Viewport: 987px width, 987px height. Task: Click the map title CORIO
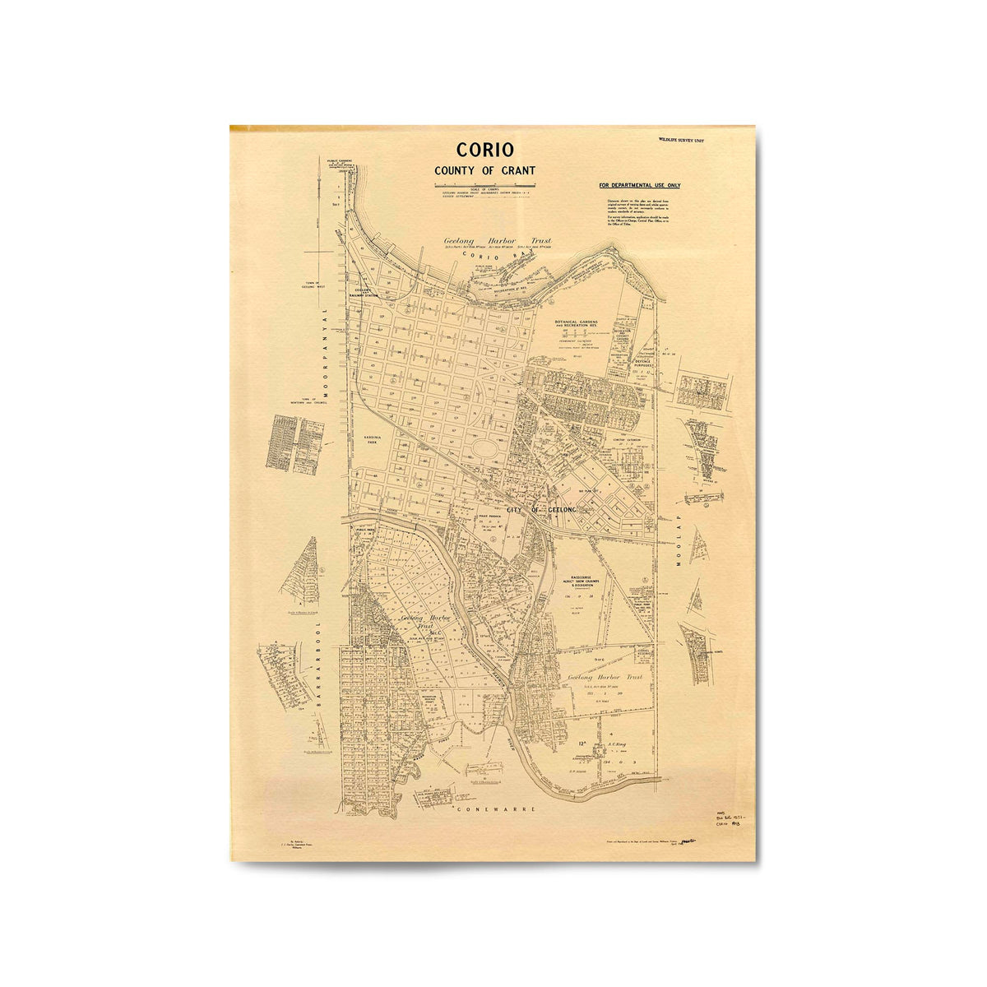[x=485, y=150]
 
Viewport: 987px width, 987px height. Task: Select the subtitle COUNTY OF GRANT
[x=485, y=170]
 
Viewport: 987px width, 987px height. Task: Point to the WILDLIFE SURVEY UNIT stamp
[x=681, y=141]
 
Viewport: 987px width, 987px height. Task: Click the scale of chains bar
[x=484, y=192]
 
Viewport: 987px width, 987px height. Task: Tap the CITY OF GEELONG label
[x=543, y=510]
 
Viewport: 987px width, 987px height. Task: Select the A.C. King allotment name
[x=617, y=748]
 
